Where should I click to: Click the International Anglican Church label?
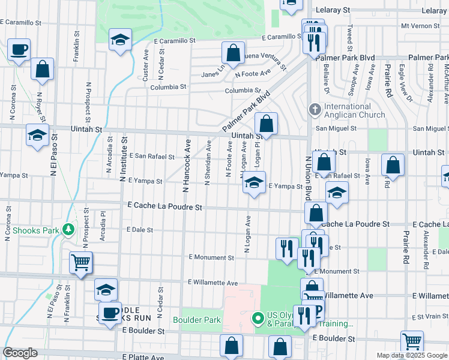[x=354, y=110]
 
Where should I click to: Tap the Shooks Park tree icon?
[x=69, y=230]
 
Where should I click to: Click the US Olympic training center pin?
[x=258, y=318]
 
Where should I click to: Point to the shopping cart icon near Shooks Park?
[x=80, y=262]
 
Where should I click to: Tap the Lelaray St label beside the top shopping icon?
[x=329, y=10]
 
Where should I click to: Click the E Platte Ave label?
[x=143, y=356]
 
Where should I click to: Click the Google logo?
[x=20, y=353]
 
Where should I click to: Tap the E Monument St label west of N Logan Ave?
[x=211, y=257]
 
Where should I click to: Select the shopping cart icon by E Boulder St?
[x=412, y=341]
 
